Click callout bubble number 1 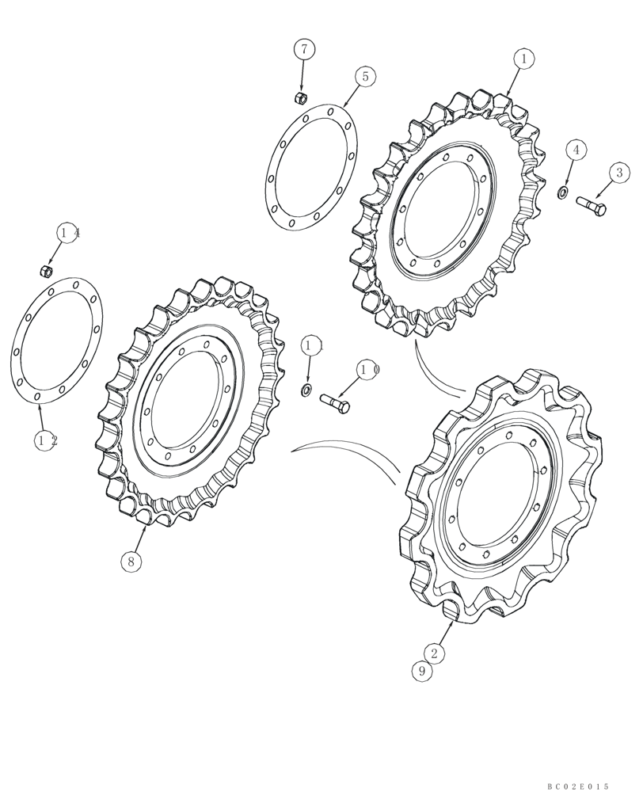[523, 58]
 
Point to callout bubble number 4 [576, 149]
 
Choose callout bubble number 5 [365, 77]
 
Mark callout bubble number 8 [132, 561]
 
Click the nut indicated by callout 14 [46, 272]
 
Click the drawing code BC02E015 [577, 786]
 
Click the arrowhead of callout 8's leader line [145, 528]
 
